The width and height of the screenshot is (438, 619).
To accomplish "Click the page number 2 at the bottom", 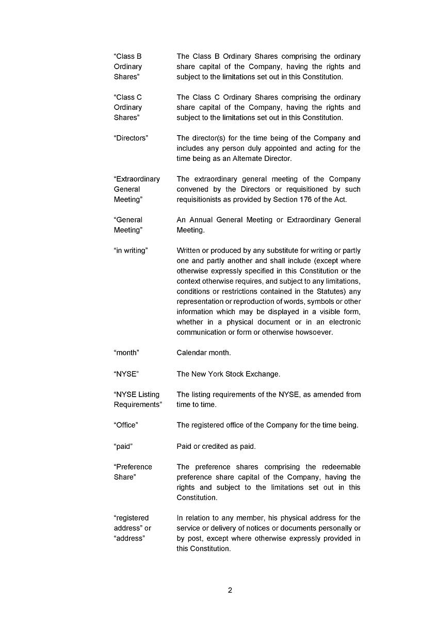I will coord(230,591).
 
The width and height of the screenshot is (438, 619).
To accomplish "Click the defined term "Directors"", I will coord(131,138).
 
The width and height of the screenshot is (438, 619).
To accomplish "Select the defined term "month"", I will coord(126,353).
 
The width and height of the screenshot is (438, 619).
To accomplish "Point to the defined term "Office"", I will coord(126,426).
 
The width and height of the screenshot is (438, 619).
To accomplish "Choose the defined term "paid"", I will coord(123,446).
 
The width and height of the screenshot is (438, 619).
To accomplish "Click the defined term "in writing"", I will coord(131,251).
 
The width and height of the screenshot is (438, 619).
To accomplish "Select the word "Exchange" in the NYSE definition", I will coord(264,374).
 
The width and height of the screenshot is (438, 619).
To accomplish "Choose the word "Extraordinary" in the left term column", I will coord(137,179).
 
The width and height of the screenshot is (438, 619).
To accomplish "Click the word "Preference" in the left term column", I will coord(133,467).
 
